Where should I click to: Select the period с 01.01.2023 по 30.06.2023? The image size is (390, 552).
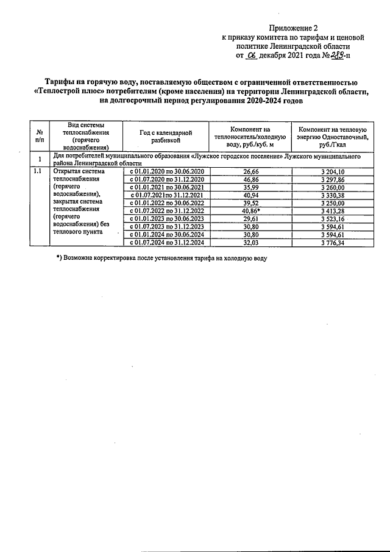coord(166,219)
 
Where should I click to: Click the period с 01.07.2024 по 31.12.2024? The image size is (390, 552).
coord(166,242)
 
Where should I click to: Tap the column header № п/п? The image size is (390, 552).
coord(40,135)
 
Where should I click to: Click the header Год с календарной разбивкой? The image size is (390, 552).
coord(166,135)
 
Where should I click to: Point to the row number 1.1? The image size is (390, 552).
coord(38,172)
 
